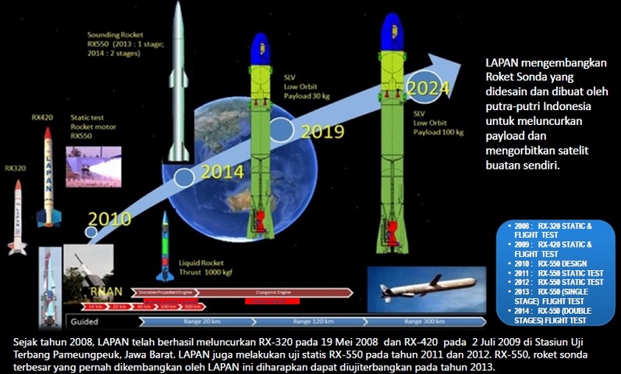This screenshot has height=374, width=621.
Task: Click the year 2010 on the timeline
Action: coord(110,219)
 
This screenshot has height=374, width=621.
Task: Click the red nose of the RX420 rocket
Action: coord(48,134)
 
